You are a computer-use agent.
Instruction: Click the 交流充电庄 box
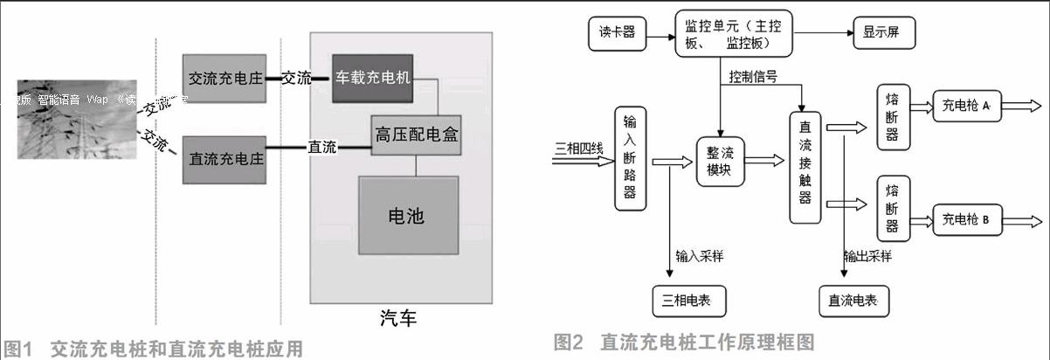pos(225,78)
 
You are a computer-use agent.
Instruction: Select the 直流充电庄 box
pos(225,160)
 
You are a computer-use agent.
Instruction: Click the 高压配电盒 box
pos(416,135)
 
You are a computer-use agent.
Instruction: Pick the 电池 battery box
pos(408,216)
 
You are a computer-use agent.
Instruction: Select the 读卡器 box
pos(616,33)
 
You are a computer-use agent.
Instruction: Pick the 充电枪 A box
pos(965,106)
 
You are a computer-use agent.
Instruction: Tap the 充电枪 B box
pos(965,219)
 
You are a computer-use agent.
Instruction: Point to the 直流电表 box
pos(853,300)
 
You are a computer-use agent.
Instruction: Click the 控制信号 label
pos(756,79)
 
